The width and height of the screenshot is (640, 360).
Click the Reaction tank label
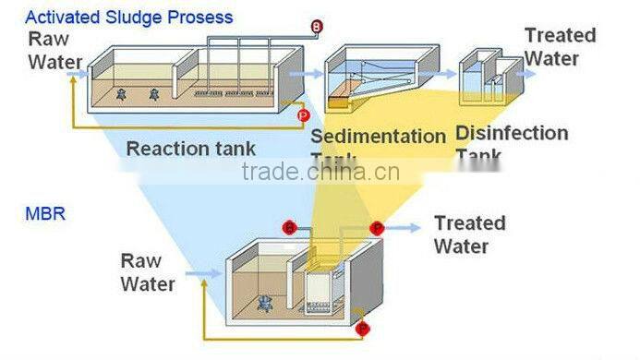(191, 149)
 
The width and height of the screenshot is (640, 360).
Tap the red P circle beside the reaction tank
(303, 114)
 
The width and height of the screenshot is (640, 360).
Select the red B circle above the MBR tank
(289, 228)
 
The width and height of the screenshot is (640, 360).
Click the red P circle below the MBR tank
(363, 327)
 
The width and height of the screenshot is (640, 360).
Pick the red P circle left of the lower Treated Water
(376, 228)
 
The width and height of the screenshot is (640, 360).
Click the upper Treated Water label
(560, 46)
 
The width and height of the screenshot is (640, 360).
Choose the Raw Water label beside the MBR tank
(147, 272)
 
